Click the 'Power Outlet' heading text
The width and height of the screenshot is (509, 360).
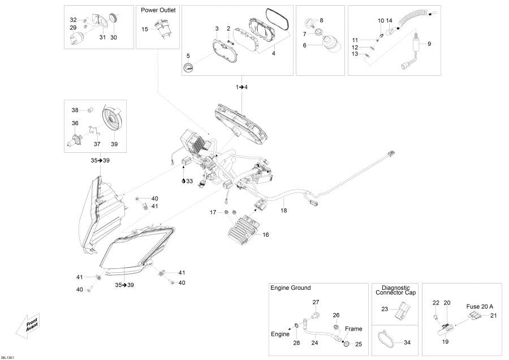coord(158,10)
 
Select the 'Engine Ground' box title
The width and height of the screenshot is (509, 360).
coord(290,288)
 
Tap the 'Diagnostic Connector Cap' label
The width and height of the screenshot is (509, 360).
coord(395,290)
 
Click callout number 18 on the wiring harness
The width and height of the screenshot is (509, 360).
coord(284,210)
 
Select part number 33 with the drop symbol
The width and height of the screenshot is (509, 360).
coord(187,181)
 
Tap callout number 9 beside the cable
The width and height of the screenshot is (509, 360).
coord(429,44)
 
